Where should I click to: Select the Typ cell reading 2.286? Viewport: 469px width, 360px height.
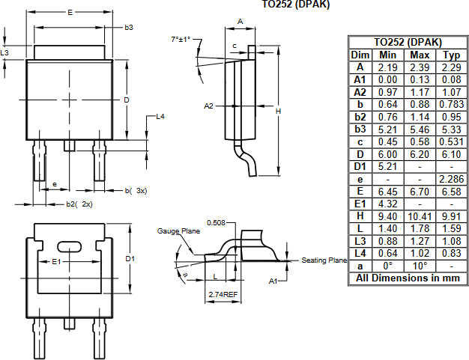(x=451, y=179)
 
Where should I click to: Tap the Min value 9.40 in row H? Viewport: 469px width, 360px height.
(x=388, y=216)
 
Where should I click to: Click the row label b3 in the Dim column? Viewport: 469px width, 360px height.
(x=360, y=129)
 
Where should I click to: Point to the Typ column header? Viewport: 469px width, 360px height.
(x=451, y=55)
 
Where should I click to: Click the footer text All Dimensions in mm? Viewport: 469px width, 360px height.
(x=408, y=278)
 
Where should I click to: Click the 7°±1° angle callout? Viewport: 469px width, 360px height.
(x=181, y=38)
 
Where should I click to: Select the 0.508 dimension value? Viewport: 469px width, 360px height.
(x=216, y=222)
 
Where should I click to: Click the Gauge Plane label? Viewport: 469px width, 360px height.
(x=178, y=231)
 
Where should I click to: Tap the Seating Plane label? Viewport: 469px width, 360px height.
(x=324, y=260)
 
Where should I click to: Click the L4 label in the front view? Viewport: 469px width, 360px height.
(x=160, y=117)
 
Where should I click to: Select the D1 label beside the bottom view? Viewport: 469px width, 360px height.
(x=130, y=258)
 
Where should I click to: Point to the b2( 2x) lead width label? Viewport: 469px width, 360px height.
(x=79, y=204)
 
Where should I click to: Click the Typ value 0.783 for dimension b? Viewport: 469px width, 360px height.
(x=451, y=105)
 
